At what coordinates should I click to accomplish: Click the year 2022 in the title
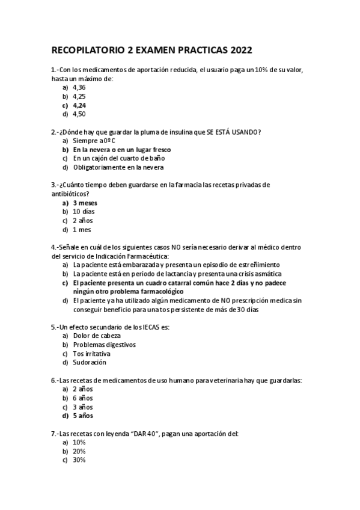[x=239, y=50]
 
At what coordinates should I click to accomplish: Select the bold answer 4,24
[x=79, y=105]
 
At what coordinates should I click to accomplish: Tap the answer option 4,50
[x=79, y=114]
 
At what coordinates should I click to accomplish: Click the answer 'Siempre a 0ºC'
[x=94, y=140]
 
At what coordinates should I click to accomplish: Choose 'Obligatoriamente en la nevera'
[x=118, y=167]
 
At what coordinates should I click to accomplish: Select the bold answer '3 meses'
[x=85, y=203]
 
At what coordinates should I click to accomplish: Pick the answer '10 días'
[x=84, y=212]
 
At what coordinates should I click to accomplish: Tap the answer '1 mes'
[x=83, y=229]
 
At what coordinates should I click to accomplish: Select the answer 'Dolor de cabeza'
[x=97, y=336]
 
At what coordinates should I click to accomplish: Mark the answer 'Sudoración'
[x=90, y=363]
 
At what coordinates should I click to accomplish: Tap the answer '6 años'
[x=83, y=398]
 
